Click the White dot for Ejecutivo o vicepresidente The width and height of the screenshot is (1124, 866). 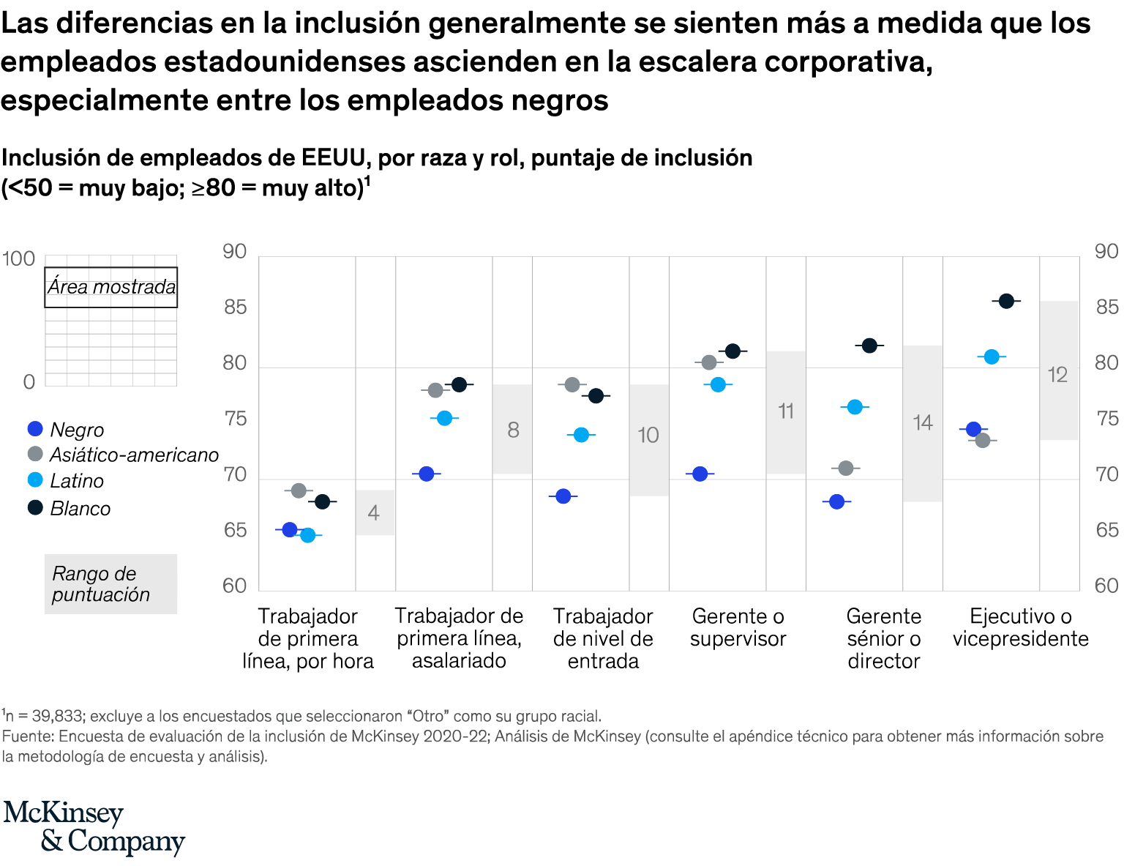(x=1006, y=301)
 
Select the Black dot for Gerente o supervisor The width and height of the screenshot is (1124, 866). (x=700, y=474)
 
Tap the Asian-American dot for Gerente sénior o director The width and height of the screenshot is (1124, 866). (x=846, y=468)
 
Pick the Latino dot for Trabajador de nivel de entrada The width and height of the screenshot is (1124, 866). (x=581, y=435)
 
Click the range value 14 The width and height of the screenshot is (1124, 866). (x=922, y=422)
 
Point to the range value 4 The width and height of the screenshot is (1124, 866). (x=374, y=512)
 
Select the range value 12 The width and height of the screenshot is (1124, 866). (x=1058, y=375)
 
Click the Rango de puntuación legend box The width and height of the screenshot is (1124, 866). (x=110, y=583)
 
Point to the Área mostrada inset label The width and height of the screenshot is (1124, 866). (x=111, y=287)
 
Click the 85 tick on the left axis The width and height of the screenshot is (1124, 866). (x=235, y=307)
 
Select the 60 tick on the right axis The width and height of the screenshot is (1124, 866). (x=1106, y=586)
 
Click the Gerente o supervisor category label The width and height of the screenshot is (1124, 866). (x=738, y=627)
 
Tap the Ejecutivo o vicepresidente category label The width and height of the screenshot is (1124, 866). (x=1020, y=627)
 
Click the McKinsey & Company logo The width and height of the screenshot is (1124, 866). (x=94, y=827)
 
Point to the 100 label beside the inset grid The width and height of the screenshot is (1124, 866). (x=18, y=258)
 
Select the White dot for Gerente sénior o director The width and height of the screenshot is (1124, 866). (x=869, y=346)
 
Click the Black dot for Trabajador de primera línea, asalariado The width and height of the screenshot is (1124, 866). (x=427, y=474)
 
